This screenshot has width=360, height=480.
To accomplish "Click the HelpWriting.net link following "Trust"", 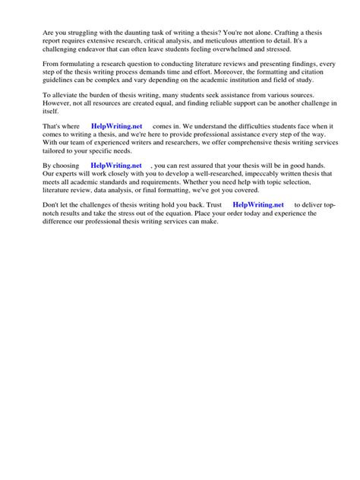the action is point(258,204).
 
